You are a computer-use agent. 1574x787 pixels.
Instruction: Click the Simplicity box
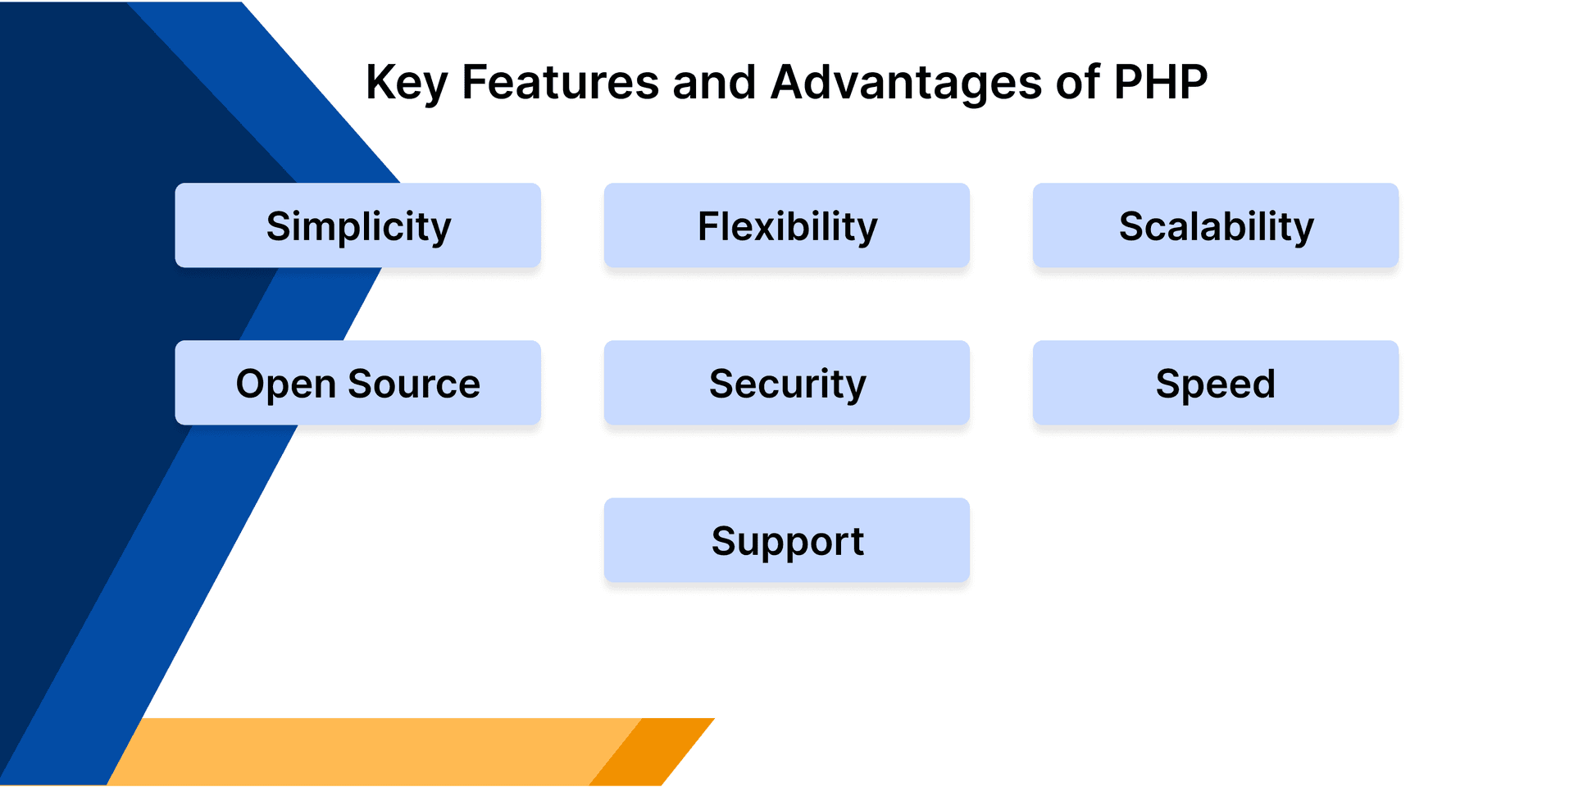point(357,225)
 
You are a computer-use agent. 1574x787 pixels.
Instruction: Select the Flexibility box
point(786,225)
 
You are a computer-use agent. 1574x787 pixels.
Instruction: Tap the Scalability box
point(1215,225)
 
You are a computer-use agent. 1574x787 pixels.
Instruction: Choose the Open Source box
point(357,383)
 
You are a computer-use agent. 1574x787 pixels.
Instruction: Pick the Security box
point(786,383)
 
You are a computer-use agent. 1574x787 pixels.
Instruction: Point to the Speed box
point(1215,383)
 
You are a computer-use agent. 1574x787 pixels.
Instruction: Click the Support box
point(786,540)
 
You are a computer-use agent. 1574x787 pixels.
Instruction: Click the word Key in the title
point(407,83)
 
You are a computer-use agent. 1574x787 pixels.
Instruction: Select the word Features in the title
point(560,82)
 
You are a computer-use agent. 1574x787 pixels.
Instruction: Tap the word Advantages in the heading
point(906,82)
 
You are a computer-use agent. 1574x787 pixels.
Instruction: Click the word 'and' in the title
point(713,82)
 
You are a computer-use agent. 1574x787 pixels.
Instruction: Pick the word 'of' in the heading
point(1077,82)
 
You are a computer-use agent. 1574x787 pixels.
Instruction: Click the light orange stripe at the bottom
point(369,752)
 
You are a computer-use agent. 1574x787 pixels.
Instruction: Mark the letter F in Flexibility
point(708,226)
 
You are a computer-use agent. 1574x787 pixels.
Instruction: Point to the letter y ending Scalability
point(1303,230)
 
